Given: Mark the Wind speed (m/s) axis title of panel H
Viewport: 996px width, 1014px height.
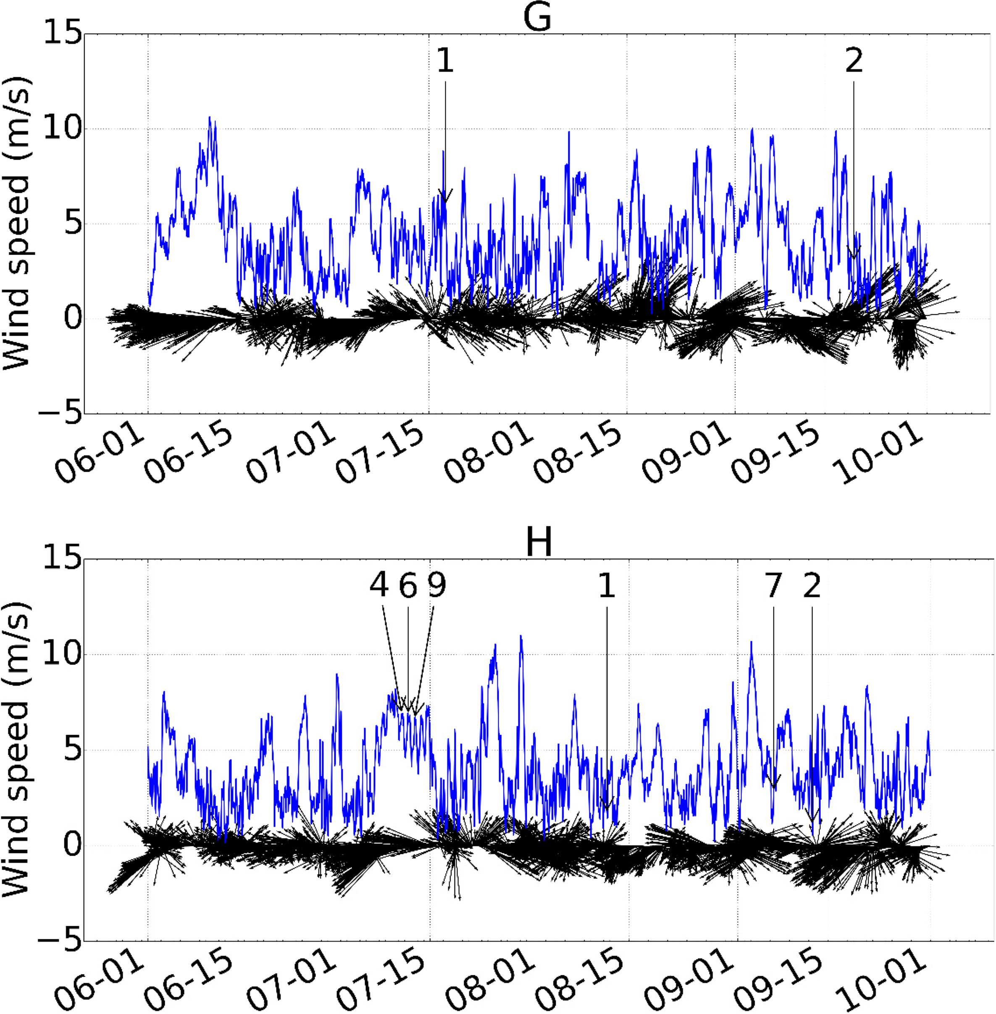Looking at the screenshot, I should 17,749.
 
